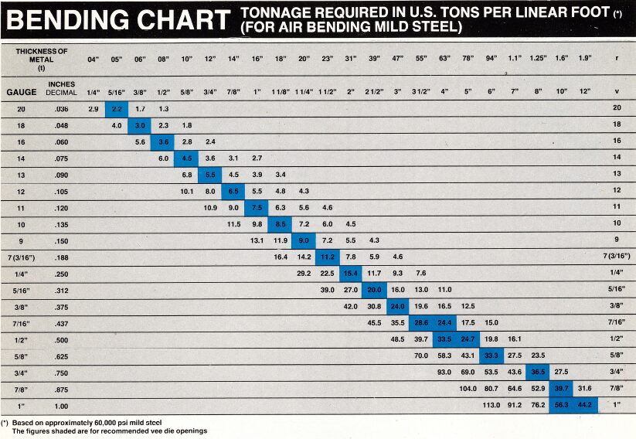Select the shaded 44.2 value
pos(585,404)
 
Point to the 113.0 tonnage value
pos(491,404)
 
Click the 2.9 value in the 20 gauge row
pos(93,109)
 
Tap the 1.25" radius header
pos(539,59)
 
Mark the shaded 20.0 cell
pos(374,289)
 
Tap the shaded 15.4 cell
pos(351,273)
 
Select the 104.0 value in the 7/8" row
pos(468,388)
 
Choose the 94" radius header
pos(491,59)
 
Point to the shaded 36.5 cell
pos(538,371)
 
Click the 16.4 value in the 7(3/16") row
pos(281,257)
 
